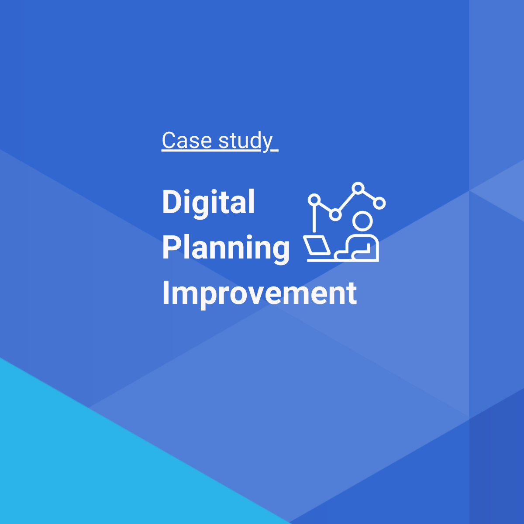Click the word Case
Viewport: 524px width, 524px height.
[187, 141]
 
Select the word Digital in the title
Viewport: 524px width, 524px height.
[208, 202]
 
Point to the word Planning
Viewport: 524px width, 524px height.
[226, 248]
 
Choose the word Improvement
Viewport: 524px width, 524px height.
[259, 293]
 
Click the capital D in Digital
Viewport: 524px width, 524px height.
[172, 202]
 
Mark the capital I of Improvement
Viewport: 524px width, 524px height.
[165, 293]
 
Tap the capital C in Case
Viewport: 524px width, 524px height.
[169, 141]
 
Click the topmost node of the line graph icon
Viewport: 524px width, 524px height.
[358, 188]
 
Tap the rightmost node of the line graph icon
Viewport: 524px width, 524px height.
[380, 203]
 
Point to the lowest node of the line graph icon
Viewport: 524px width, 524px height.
[335, 214]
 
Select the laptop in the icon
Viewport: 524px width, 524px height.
[317, 246]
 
